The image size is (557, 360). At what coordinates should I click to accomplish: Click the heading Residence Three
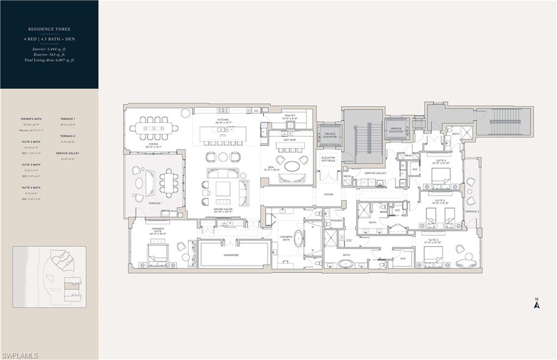(49, 29)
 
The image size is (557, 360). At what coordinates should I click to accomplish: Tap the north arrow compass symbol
(536, 304)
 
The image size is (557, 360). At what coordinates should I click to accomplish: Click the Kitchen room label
(223, 120)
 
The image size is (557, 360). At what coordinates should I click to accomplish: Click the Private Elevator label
(330, 135)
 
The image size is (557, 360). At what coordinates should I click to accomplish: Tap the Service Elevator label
(396, 130)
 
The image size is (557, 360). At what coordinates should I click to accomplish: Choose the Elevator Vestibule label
(329, 159)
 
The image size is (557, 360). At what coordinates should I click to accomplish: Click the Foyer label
(329, 194)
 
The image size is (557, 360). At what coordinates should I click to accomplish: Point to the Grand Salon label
(223, 210)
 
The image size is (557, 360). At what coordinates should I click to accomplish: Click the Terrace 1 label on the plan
(155, 203)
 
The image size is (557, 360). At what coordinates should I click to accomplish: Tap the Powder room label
(336, 221)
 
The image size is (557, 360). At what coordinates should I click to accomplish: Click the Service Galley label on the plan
(375, 173)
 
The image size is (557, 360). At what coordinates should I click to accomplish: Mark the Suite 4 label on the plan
(441, 161)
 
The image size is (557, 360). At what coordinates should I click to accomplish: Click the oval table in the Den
(292, 166)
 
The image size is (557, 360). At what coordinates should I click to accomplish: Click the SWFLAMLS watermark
(20, 356)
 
